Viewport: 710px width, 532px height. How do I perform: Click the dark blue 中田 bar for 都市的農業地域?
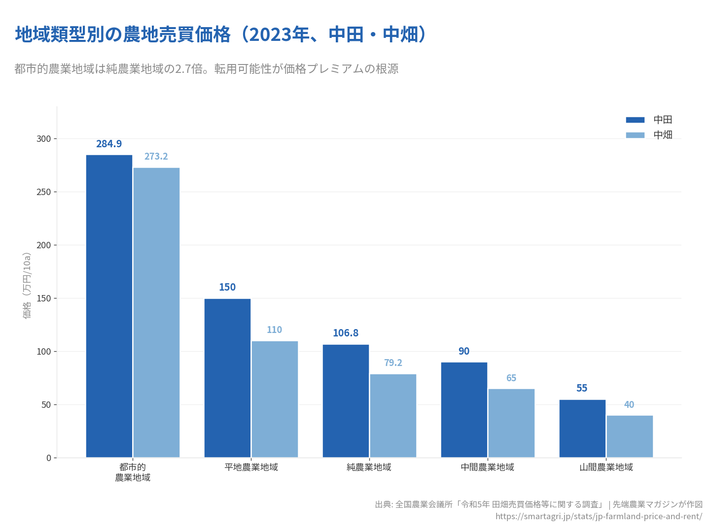point(109,306)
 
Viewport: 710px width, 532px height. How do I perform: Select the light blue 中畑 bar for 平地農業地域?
point(275,399)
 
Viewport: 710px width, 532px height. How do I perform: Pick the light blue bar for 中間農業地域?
point(511,423)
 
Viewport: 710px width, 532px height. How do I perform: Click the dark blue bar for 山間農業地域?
point(582,429)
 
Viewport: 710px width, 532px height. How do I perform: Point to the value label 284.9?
point(109,144)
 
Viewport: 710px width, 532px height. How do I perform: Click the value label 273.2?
point(156,157)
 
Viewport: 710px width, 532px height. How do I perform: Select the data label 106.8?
point(346,333)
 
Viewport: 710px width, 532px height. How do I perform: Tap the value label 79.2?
point(393,363)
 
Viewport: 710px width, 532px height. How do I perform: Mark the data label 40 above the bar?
point(629,405)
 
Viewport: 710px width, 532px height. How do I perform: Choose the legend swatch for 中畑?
point(635,135)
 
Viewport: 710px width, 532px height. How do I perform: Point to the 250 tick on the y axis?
point(44,192)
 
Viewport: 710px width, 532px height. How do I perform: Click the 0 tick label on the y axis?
point(48,458)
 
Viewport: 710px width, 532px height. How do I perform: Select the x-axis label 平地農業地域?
point(251,467)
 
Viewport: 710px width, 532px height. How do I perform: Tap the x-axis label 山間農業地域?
point(606,467)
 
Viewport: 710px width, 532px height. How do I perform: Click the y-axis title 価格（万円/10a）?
point(27,286)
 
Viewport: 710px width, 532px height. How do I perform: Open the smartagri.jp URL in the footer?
point(599,516)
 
